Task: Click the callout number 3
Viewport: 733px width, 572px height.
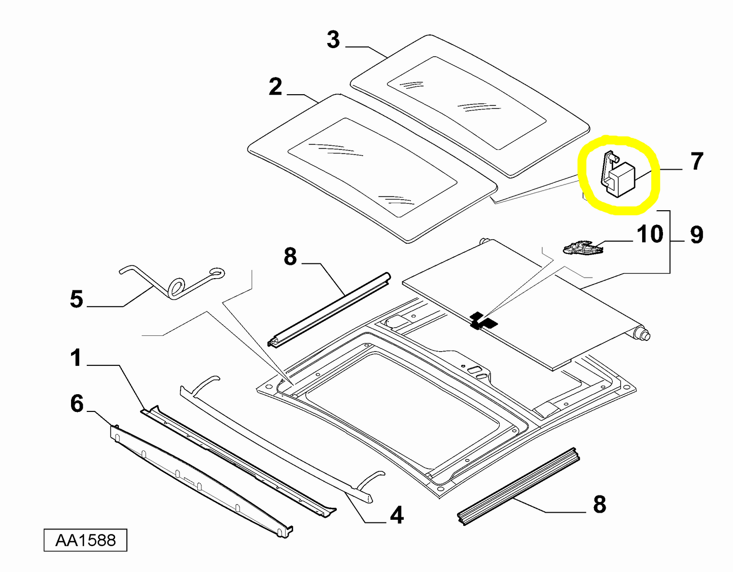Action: click(333, 40)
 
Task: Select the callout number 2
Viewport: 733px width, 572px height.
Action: click(275, 87)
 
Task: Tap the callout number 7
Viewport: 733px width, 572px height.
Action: click(697, 162)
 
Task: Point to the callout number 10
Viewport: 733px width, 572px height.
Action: click(650, 235)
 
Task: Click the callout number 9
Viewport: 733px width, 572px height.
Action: click(697, 235)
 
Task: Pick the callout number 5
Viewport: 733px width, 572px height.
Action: click(77, 299)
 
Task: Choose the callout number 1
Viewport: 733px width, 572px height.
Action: click(76, 358)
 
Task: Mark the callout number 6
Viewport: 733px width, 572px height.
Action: click(77, 404)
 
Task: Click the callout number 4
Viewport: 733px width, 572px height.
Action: click(397, 515)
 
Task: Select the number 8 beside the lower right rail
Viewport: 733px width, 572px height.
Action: click(600, 505)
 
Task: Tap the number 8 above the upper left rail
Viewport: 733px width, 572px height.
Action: click(290, 257)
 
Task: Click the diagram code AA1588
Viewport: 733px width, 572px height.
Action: click(85, 540)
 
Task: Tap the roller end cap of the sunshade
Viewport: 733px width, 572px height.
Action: click(643, 334)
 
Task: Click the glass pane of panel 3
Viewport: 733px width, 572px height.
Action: click(467, 101)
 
